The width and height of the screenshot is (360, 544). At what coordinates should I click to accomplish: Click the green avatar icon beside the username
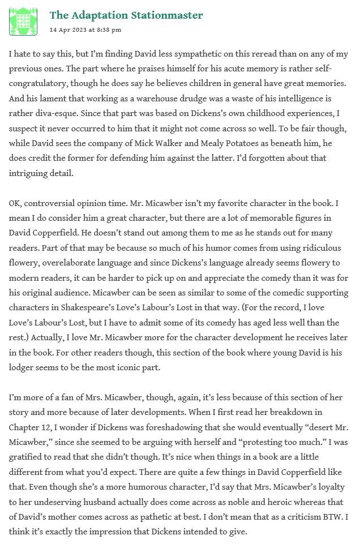point(23,22)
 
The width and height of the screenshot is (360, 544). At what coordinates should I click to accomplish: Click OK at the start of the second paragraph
point(16,202)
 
